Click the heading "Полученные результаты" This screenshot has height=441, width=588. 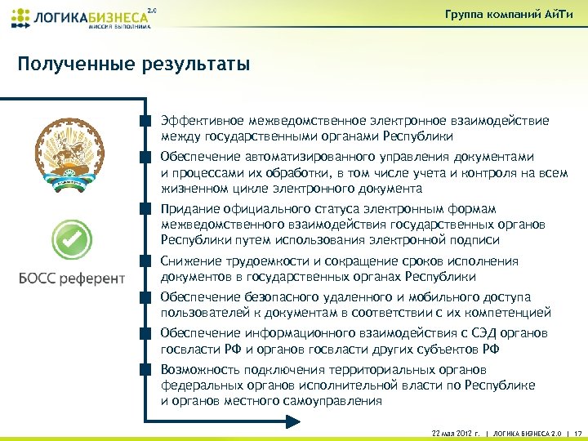coord(133,64)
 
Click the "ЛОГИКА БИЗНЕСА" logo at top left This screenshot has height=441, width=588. coord(82,16)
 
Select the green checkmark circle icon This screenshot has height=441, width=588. coord(72,239)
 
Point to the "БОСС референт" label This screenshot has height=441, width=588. coord(72,278)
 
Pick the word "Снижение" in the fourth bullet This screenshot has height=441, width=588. coord(189,261)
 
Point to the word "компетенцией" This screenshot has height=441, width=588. coord(512,313)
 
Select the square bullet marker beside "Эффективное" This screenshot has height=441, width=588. coord(145,121)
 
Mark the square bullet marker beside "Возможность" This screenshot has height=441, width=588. coord(145,369)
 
